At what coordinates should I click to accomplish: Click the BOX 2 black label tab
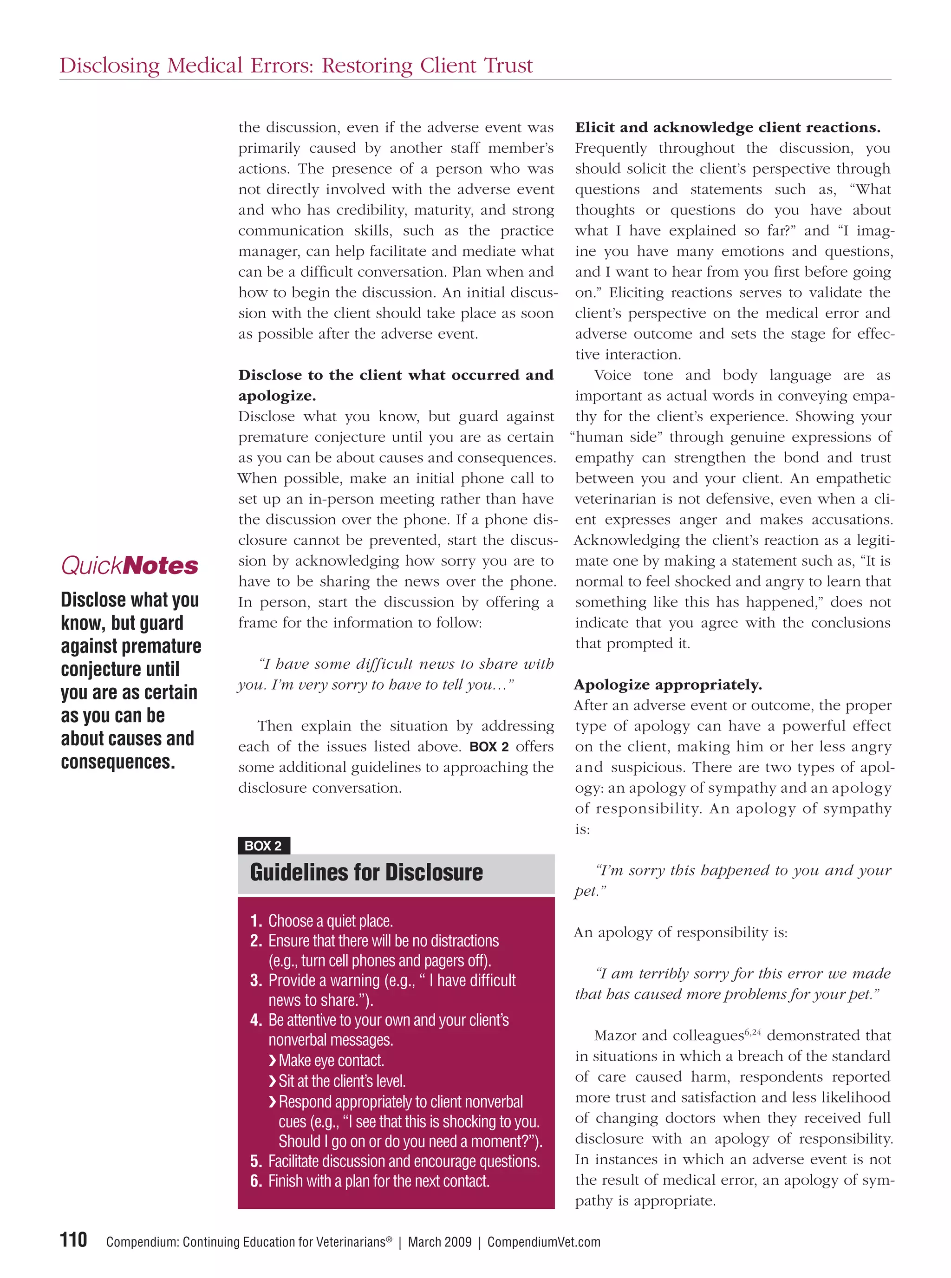(263, 845)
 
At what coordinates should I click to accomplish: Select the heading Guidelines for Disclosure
(366, 872)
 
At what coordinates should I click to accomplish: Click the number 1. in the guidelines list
(256, 921)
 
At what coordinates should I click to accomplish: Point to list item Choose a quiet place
(331, 921)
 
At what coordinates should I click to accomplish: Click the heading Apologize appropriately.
(668, 685)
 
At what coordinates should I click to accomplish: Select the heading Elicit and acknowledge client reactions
(728, 127)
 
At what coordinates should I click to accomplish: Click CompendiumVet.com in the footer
(543, 1242)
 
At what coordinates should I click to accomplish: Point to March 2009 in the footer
(439, 1242)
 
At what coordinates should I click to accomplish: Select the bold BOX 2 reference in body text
(489, 747)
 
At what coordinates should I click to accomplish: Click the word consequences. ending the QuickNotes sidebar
(118, 762)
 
